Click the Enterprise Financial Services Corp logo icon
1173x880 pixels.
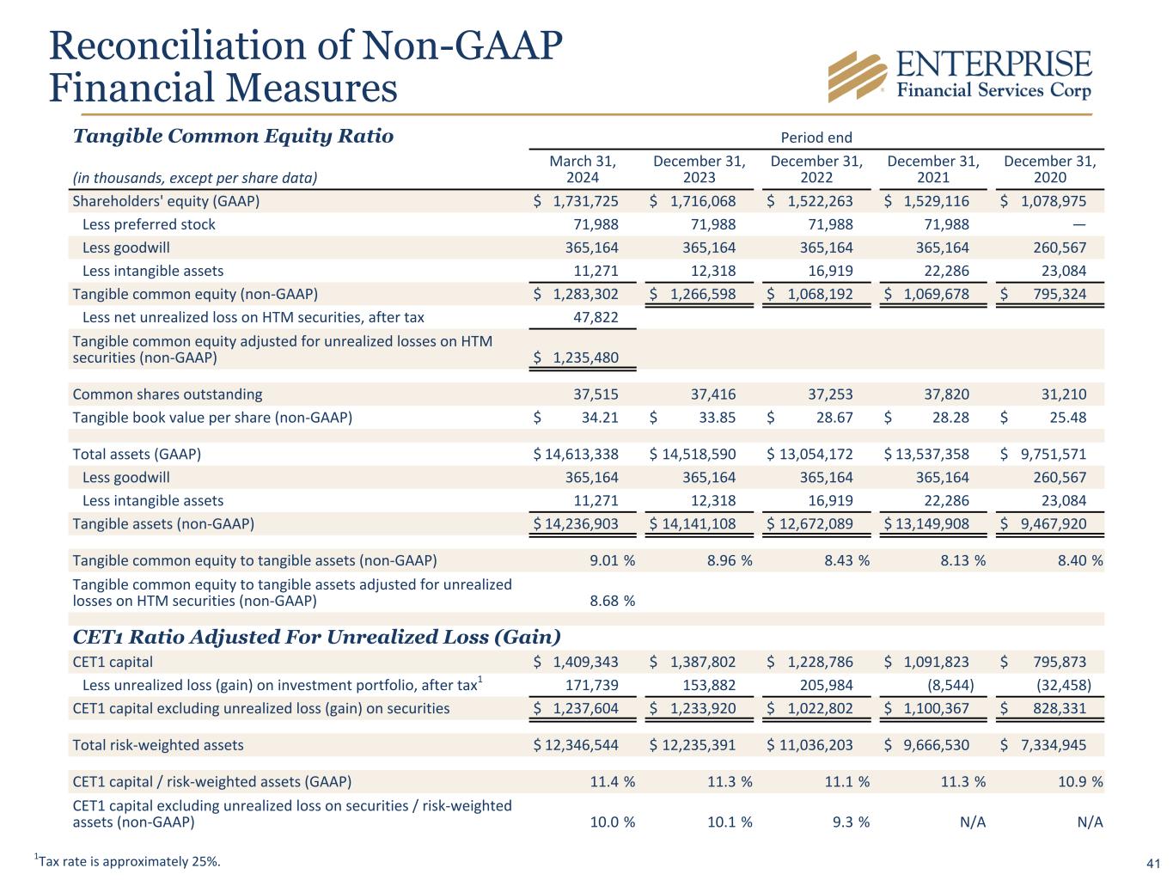click(x=858, y=76)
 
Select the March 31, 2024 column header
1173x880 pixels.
click(x=583, y=169)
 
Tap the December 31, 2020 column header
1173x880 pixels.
click(x=1049, y=169)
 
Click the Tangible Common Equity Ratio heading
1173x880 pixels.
click(x=233, y=136)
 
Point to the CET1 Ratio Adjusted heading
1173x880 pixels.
click(x=316, y=637)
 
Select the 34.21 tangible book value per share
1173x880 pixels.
click(x=600, y=418)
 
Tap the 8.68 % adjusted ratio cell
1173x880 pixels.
click(x=612, y=601)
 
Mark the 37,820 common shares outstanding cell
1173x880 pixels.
click(x=945, y=394)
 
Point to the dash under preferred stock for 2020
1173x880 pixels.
click(x=1079, y=224)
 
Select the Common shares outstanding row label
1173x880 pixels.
click(x=168, y=394)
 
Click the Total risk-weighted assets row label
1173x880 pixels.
click(x=158, y=745)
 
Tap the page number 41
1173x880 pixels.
click(x=1153, y=863)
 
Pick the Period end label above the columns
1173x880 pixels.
click(x=816, y=137)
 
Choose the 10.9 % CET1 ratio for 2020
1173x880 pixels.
click(x=1079, y=782)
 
